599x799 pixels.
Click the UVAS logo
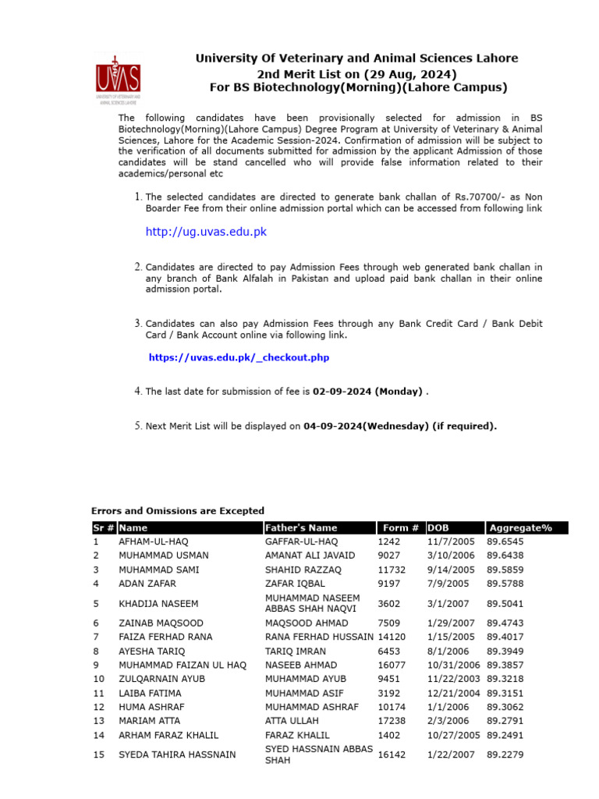click(118, 78)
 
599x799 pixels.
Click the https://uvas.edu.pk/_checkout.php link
click(239, 357)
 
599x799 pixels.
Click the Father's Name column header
click(301, 528)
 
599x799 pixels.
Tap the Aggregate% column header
click(520, 528)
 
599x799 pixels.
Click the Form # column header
click(401, 528)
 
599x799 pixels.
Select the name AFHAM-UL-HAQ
click(154, 542)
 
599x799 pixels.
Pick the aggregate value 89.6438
click(505, 556)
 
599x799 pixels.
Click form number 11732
click(392, 570)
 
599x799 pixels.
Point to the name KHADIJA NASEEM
click(158, 603)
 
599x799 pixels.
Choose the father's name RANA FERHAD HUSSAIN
click(319, 637)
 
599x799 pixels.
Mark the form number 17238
click(392, 721)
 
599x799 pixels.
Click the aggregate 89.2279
click(505, 755)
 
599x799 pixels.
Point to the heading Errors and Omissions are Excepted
click(178, 511)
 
